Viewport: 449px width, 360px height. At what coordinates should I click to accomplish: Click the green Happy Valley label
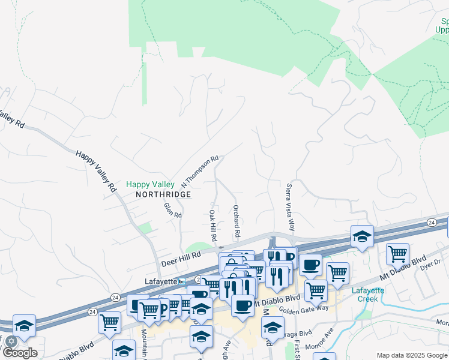150,185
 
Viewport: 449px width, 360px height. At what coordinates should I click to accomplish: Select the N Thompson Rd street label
200,172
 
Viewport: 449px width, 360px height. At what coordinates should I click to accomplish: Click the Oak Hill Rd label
212,226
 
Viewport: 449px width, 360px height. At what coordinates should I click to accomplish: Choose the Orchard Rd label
237,220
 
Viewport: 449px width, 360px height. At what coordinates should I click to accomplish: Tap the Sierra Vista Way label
291,207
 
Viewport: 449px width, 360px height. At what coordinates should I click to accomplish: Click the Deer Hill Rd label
180,259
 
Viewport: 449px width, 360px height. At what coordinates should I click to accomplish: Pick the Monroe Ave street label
328,340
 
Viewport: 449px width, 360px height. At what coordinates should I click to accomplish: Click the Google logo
20,353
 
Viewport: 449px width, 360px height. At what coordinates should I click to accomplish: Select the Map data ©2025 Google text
411,355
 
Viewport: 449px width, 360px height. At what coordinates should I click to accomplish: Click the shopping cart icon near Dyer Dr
397,253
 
